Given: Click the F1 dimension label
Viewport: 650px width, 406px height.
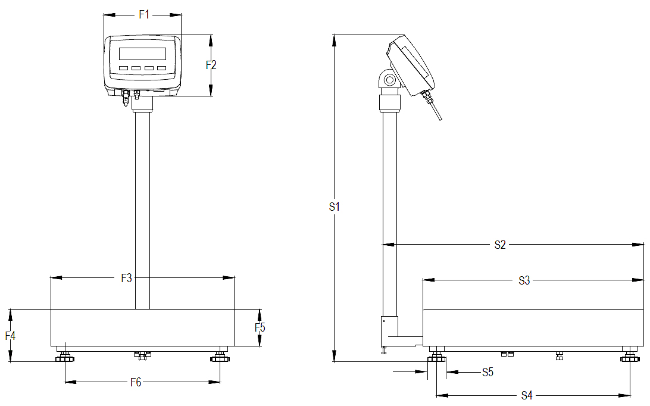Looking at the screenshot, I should (x=144, y=15).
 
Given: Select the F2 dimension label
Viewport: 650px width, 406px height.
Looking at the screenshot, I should (x=211, y=65).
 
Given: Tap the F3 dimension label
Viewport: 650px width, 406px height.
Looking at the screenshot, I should (x=127, y=278).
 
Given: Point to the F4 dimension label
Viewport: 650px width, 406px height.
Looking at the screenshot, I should (x=10, y=336).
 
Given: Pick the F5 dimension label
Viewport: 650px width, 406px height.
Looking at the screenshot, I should (x=260, y=327).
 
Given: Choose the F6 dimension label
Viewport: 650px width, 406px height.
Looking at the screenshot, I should (x=136, y=383).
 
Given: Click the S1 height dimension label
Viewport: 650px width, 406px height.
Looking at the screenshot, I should (x=335, y=207).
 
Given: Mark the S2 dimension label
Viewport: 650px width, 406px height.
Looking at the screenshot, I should (x=500, y=245).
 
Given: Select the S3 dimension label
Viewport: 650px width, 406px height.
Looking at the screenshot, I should (x=524, y=280).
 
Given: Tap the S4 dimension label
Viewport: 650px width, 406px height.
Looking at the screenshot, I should (x=527, y=395).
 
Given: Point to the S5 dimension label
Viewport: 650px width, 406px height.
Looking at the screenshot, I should (x=488, y=373).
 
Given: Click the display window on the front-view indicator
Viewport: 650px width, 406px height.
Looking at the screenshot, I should (x=142, y=53).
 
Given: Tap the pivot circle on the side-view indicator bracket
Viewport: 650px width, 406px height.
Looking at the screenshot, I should (x=389, y=80).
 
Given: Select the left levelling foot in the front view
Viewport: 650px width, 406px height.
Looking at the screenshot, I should (x=64, y=357).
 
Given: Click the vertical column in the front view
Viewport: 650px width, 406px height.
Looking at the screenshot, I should (x=142, y=208).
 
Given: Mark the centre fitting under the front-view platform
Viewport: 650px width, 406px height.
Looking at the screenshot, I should (x=142, y=355).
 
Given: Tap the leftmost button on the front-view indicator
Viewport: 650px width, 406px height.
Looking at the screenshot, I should (x=123, y=68).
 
